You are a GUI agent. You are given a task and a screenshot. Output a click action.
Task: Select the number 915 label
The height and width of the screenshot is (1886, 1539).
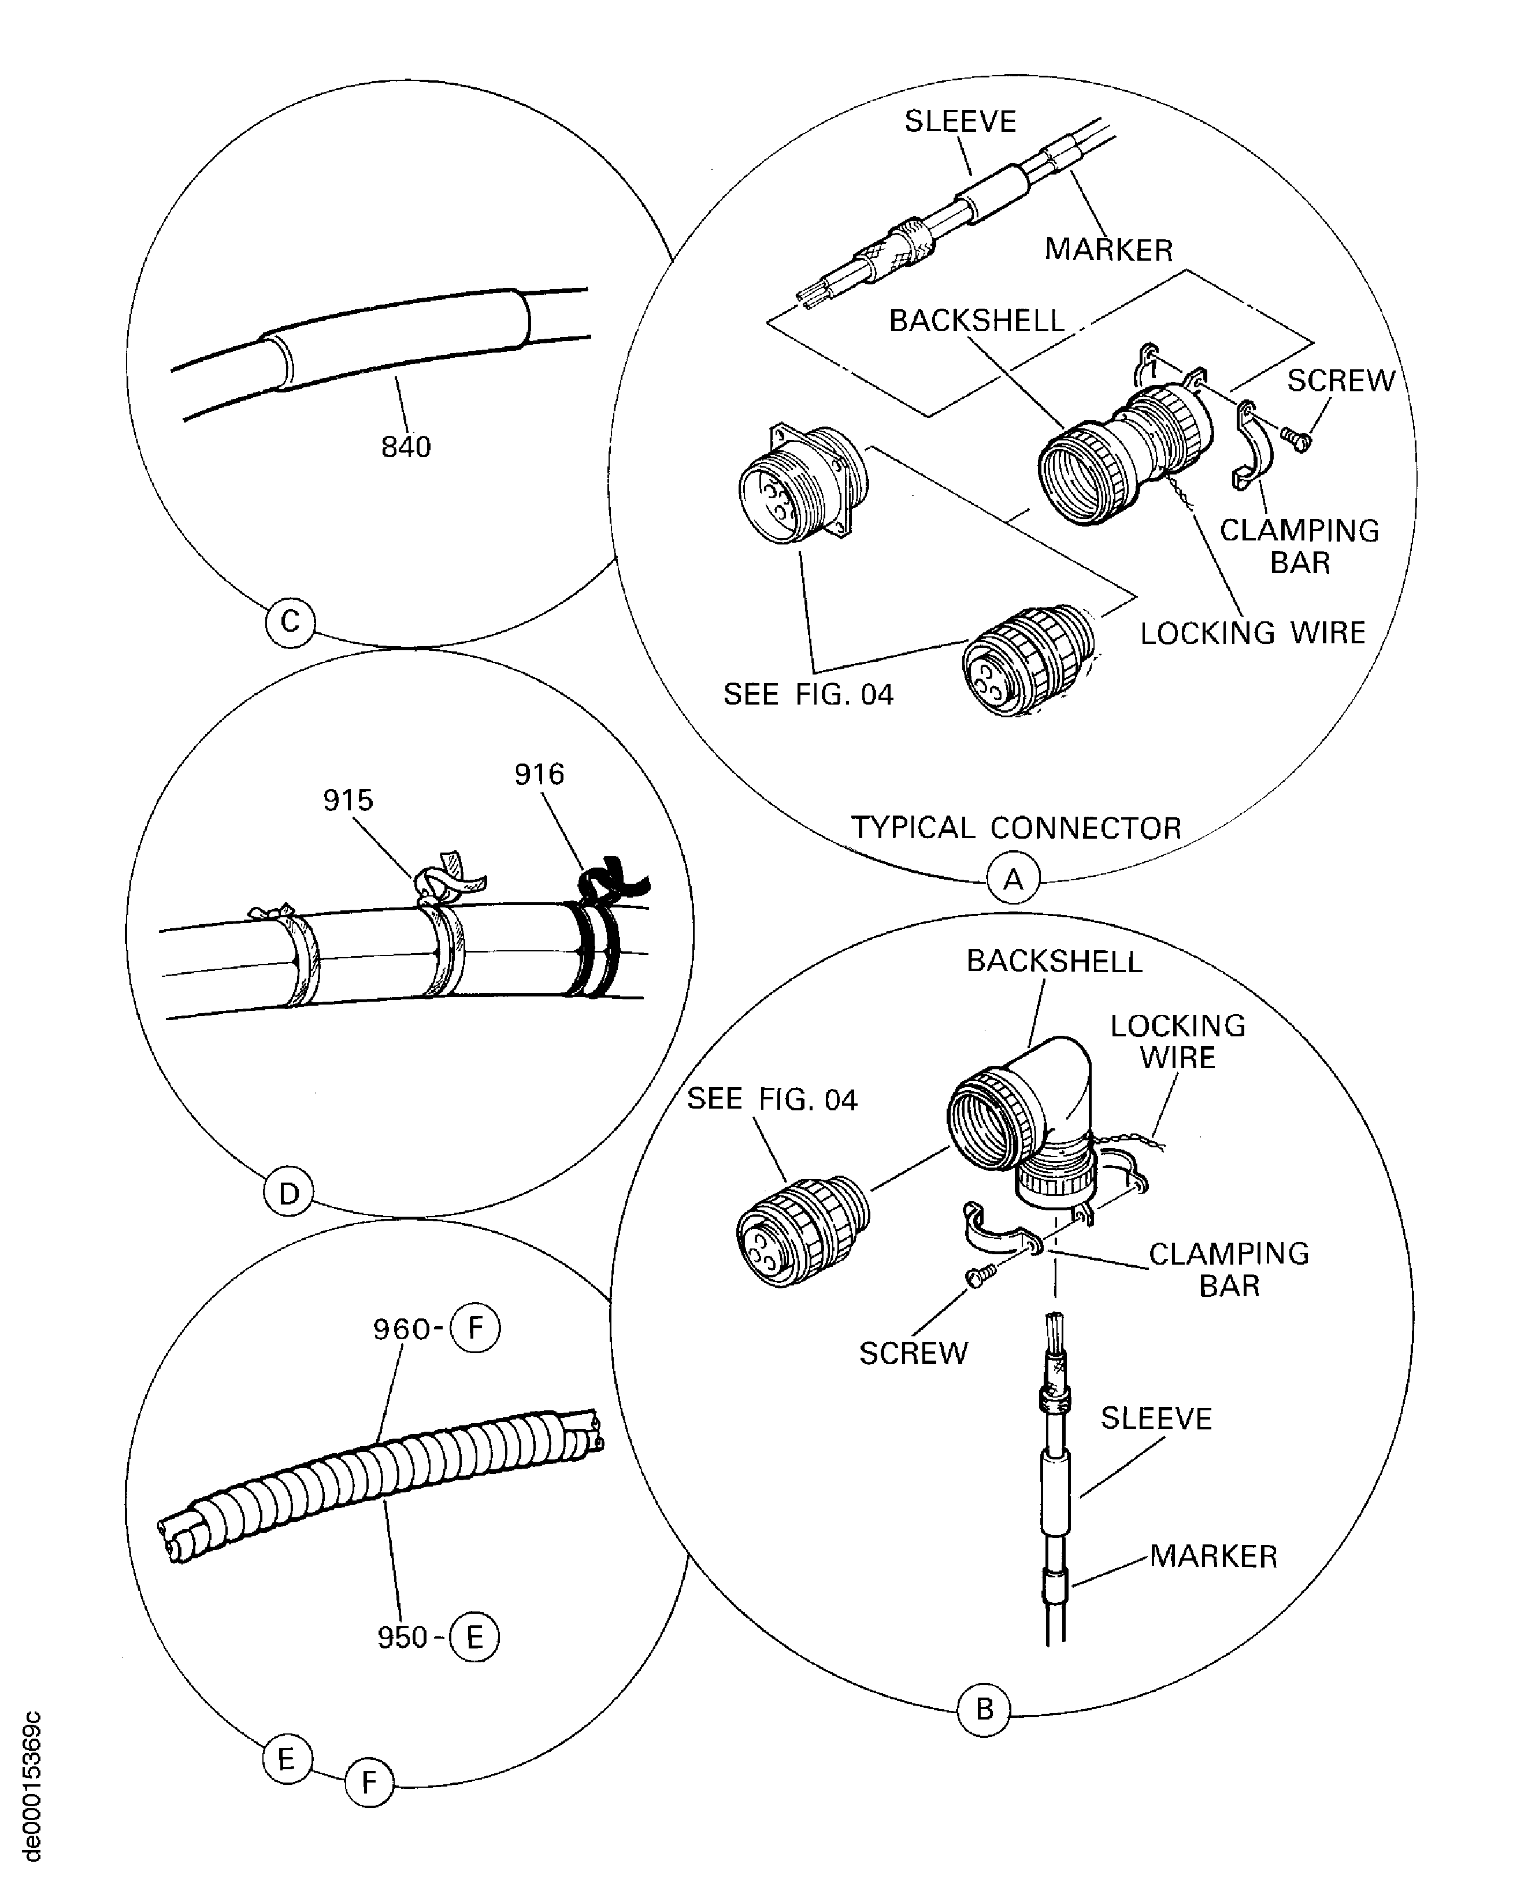pyautogui.click(x=347, y=800)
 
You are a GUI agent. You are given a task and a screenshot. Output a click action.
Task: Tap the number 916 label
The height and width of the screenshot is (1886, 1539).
pyautogui.click(x=539, y=774)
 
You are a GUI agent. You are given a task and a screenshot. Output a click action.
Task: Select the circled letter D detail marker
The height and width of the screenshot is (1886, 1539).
pyautogui.click(x=289, y=1194)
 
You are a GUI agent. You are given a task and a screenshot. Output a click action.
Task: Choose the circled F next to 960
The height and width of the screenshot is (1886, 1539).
pyautogui.click(x=475, y=1328)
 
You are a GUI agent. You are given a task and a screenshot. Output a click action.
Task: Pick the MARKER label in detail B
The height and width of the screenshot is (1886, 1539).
pyautogui.click(x=1212, y=1556)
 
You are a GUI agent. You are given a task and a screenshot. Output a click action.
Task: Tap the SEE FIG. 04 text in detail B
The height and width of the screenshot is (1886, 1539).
pyautogui.click(x=772, y=1099)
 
